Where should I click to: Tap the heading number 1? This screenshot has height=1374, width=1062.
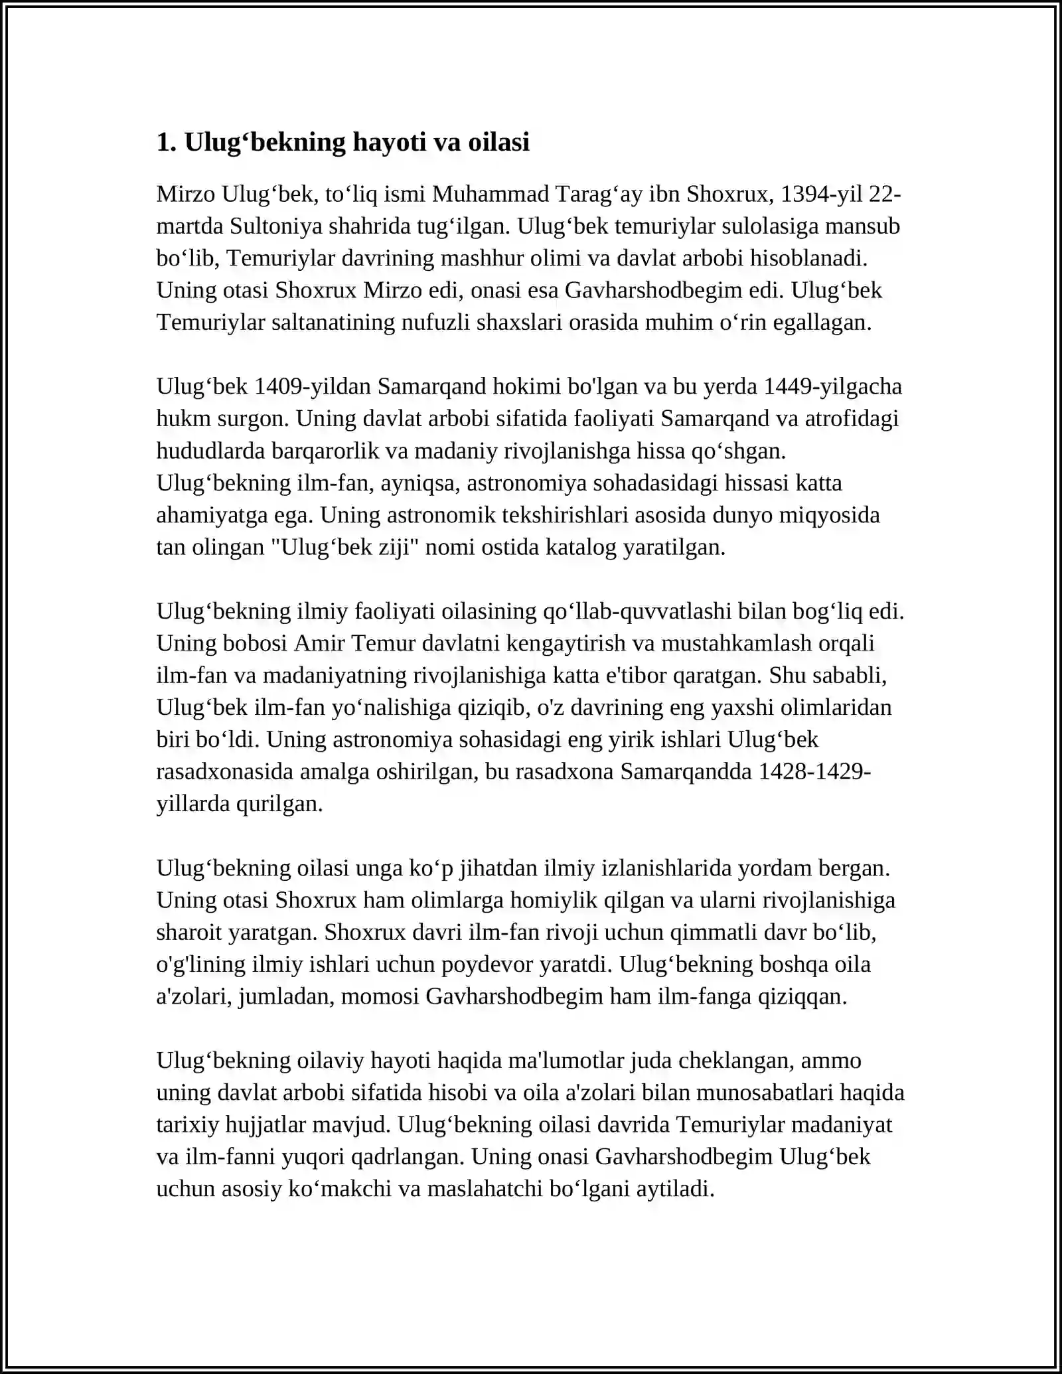(166, 142)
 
